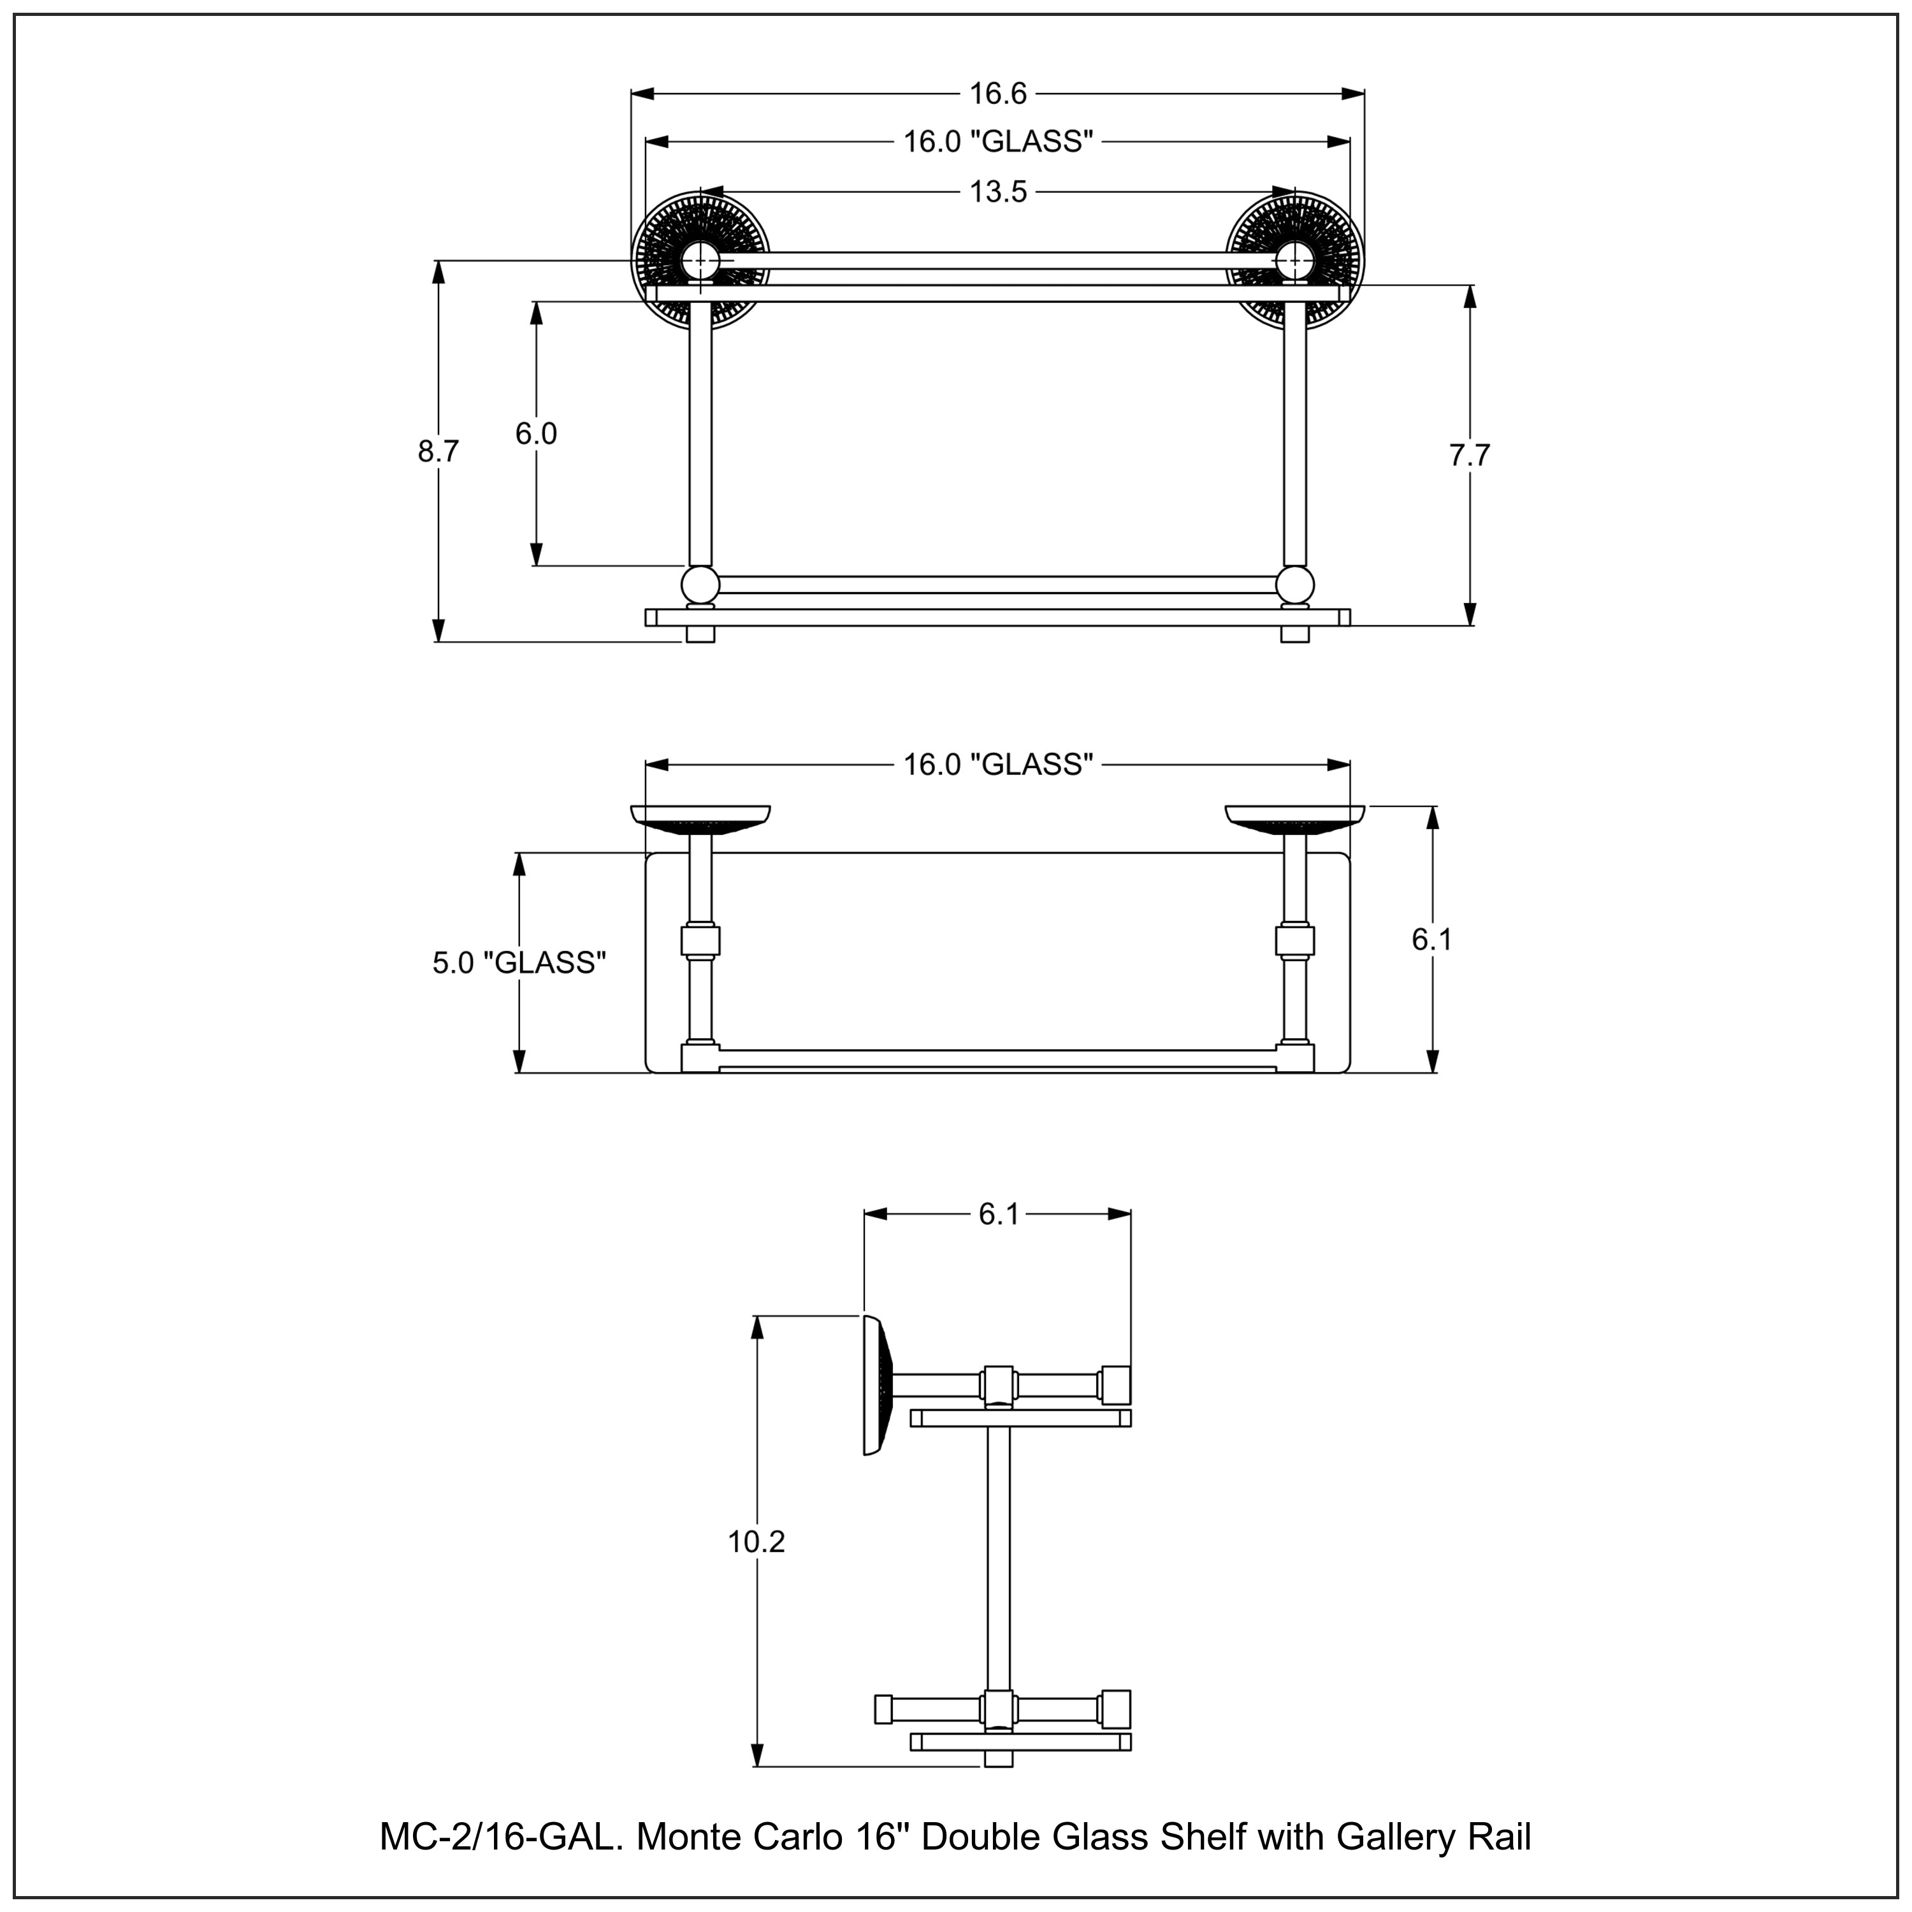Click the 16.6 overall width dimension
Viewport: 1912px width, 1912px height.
997,94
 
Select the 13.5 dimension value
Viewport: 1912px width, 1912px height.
997,192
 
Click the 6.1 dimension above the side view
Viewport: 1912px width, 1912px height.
997,1214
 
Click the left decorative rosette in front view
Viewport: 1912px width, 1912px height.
700,260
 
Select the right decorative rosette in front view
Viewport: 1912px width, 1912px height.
1294,260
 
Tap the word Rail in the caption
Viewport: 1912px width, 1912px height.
1498,1837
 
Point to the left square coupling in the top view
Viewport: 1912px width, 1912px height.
700,940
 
